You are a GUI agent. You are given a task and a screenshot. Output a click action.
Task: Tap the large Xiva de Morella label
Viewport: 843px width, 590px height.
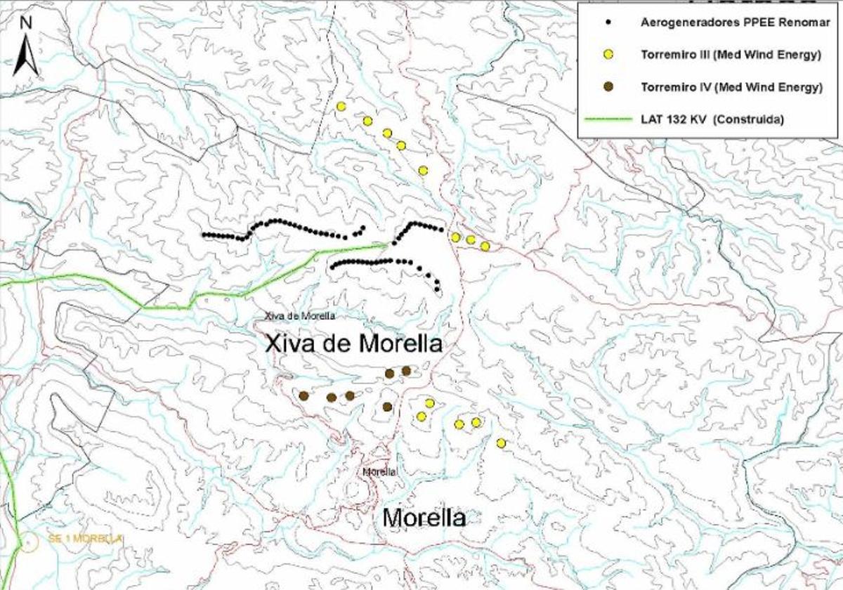354,344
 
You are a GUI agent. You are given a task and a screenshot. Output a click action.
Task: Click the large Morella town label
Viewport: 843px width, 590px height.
424,518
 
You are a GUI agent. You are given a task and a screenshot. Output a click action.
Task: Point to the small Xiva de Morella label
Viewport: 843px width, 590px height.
299,316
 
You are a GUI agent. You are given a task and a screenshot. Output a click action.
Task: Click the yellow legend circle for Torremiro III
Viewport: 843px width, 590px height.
609,55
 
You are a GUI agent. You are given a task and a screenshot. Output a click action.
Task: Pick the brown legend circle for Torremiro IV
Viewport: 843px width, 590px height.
609,87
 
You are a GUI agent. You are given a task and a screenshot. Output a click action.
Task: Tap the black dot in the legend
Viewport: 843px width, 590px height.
609,22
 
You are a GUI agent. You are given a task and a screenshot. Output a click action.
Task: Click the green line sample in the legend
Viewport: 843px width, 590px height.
608,119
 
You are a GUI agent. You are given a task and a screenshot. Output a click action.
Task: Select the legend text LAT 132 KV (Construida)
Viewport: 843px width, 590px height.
712,119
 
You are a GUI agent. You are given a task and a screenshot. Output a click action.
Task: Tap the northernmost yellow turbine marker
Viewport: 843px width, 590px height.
341,107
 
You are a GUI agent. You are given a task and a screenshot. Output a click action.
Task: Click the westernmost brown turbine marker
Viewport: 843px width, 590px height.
304,396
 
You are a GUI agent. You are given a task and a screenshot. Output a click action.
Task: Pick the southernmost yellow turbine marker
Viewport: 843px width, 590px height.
501,443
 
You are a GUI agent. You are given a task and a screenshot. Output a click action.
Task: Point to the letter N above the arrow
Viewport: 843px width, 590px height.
26,22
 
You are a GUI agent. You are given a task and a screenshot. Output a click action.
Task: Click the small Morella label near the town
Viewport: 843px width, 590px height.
380,472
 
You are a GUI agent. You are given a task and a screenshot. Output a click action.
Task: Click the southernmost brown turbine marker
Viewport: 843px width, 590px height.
387,407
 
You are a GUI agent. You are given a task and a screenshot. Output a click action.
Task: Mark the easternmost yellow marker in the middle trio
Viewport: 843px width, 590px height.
485,246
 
